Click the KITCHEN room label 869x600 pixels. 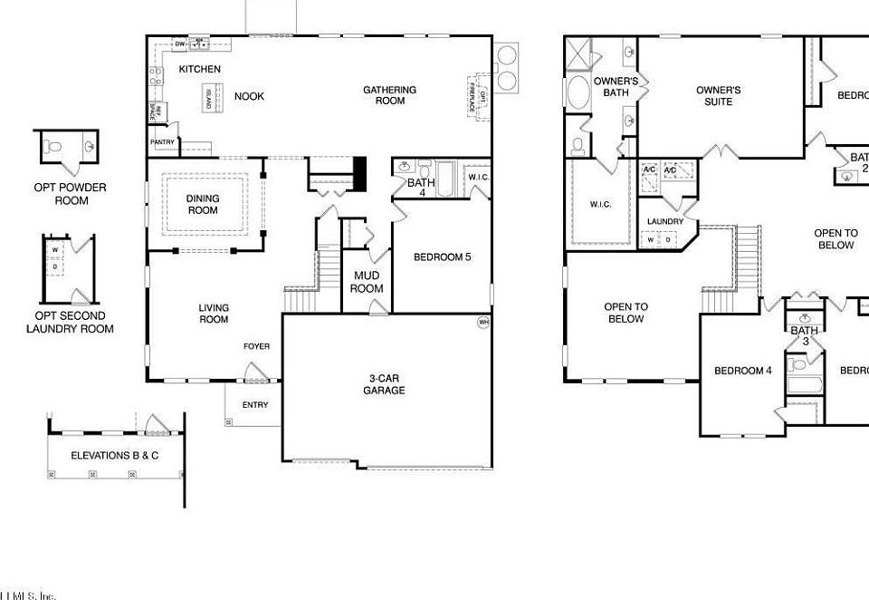tap(199, 70)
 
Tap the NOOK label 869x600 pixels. tap(249, 96)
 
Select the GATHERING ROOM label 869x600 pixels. tap(390, 95)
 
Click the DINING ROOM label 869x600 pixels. tap(203, 204)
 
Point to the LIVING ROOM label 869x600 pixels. tap(214, 314)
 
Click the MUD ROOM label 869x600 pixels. tap(368, 282)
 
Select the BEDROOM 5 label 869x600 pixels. tap(442, 257)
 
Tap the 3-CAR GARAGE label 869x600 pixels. tap(386, 384)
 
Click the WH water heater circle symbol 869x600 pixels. tap(482, 322)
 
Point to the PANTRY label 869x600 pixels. tap(162, 141)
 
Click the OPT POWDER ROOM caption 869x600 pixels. tap(71, 193)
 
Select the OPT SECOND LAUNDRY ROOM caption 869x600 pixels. tap(70, 322)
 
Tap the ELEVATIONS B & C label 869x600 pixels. tap(114, 455)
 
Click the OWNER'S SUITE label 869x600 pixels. tap(719, 95)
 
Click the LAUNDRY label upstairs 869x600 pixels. tap(664, 221)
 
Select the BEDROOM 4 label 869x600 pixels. tap(742, 370)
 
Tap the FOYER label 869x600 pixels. tap(256, 346)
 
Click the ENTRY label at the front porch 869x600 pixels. tap(255, 405)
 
